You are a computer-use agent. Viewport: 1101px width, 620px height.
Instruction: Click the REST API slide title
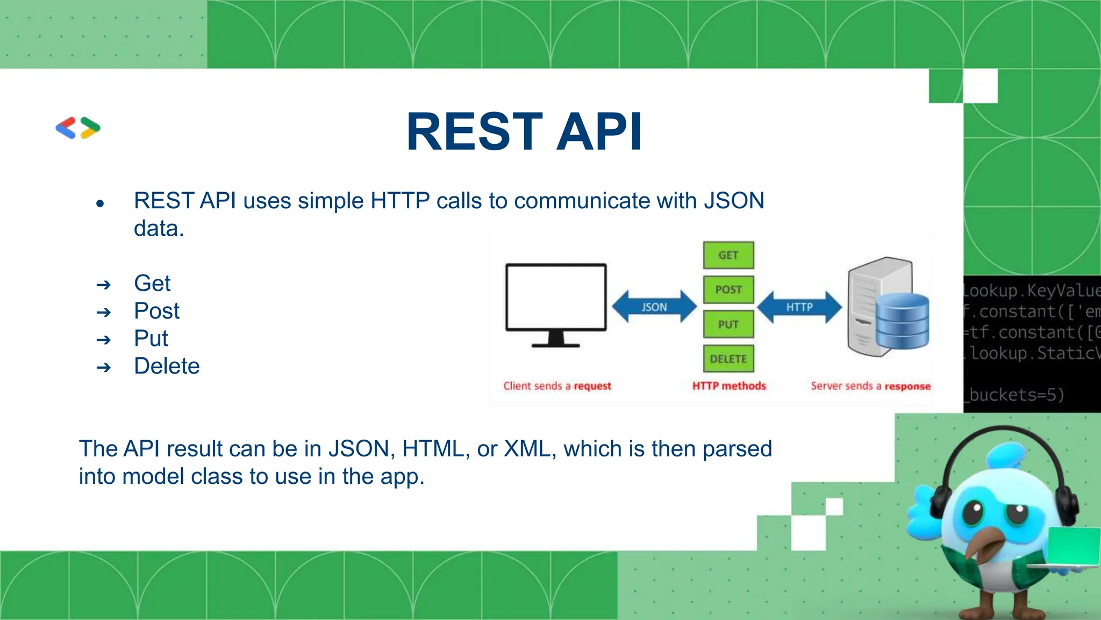[x=524, y=132]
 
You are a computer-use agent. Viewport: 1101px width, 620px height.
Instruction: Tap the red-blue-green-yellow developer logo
[x=78, y=128]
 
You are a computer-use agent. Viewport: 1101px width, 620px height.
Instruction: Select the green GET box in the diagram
[x=728, y=255]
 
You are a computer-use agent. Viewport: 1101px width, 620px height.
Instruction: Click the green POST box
[x=728, y=290]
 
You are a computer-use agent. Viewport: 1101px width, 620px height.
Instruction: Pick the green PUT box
[x=728, y=325]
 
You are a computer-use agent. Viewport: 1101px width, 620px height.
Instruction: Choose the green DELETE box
[x=728, y=359]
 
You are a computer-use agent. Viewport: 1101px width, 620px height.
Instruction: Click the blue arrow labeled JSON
[x=654, y=307]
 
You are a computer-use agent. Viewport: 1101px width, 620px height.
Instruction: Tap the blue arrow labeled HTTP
[x=799, y=307]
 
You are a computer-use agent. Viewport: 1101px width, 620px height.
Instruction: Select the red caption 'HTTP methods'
[x=729, y=386]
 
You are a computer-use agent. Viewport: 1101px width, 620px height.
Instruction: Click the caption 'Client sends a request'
[x=557, y=386]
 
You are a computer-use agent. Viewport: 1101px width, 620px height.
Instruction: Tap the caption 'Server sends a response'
[x=870, y=386]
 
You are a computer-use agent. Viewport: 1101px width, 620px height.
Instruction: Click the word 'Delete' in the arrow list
[x=167, y=366]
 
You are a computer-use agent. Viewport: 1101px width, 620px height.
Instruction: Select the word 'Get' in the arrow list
[x=152, y=283]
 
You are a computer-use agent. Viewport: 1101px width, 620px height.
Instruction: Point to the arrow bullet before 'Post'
[x=103, y=312]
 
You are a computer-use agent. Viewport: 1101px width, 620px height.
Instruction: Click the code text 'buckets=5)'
[x=1016, y=395]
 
